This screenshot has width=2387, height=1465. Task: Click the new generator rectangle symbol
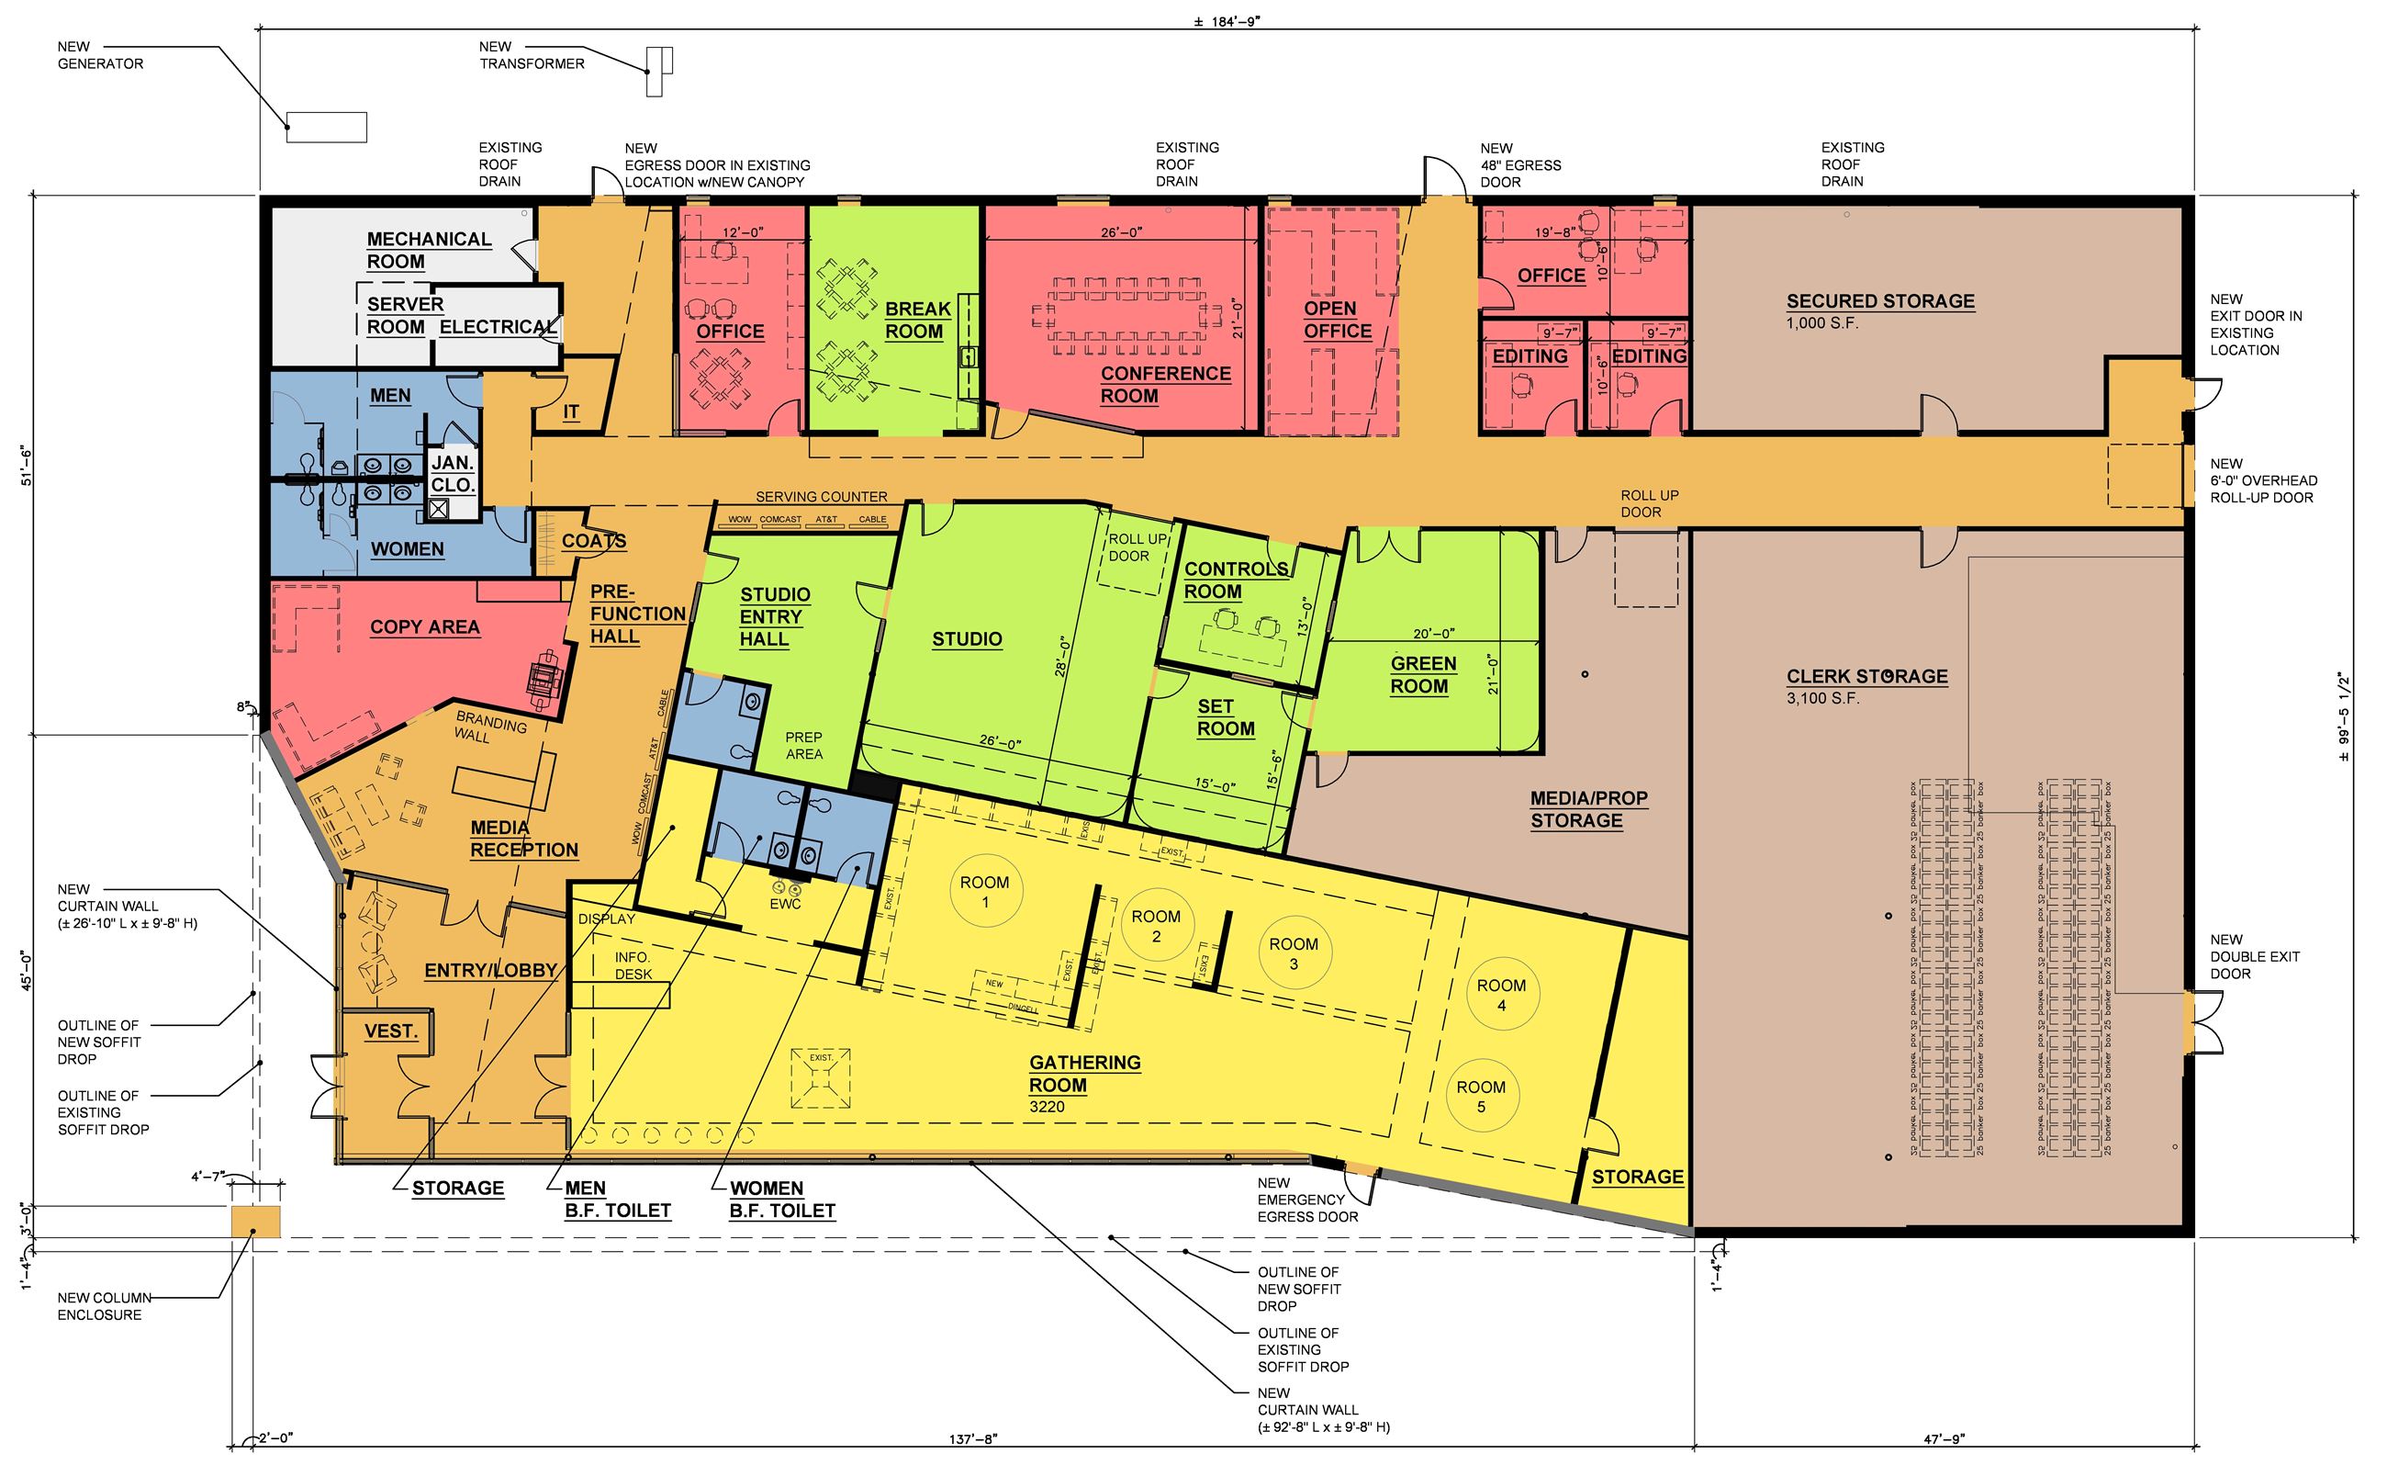pos(327,127)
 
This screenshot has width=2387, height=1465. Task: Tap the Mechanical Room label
pos(428,250)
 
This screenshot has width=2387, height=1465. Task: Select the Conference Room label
pos(1165,385)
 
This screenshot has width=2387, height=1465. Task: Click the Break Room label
pos(916,320)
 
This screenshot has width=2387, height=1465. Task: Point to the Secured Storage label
pos(1879,301)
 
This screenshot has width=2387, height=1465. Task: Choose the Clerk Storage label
pos(1866,676)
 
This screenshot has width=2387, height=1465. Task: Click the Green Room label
pos(1422,675)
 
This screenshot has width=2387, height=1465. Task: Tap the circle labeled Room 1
pos(984,893)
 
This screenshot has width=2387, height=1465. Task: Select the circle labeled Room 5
pos(1480,1096)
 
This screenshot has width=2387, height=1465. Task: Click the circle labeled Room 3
pos(1294,953)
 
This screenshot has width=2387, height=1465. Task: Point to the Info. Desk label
pos(633,965)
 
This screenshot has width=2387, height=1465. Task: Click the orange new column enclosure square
pos(255,1222)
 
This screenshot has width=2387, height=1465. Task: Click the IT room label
pos(572,412)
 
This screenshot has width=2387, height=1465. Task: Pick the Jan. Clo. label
pos(453,475)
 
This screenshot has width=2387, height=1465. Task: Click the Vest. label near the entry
pos(390,1031)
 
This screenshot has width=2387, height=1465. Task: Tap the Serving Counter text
pos(821,497)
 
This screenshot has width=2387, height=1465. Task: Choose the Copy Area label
pos(424,627)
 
